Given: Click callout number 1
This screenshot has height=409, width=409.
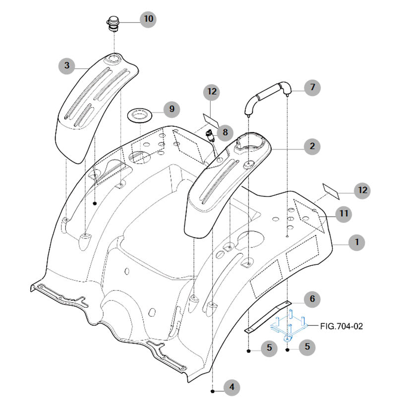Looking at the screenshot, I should point(356,242).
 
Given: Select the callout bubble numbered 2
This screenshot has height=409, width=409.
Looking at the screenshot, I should point(312,146).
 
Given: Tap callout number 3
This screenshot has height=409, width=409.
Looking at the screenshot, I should point(67,65).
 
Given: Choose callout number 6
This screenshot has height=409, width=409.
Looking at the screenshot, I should point(312,299).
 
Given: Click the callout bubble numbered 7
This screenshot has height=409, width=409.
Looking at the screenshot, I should point(312,88).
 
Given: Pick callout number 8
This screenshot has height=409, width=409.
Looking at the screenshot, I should point(225,132).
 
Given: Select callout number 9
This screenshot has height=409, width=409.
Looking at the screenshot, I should point(172,109).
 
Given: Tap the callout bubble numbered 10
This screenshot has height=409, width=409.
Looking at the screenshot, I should point(148,19).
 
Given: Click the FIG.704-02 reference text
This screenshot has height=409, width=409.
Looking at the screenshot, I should point(342,326).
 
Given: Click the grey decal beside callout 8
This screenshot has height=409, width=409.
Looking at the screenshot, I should point(212,119).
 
